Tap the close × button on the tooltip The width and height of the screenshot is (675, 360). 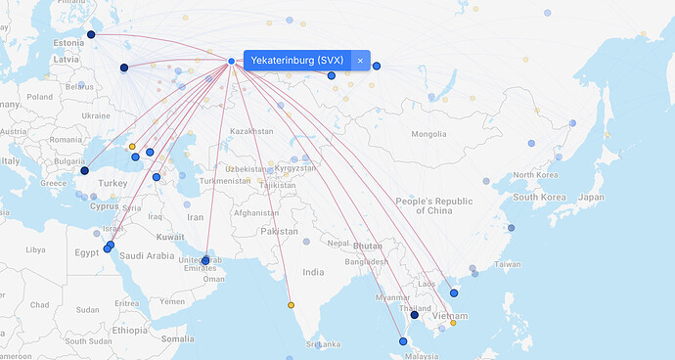pos(360,61)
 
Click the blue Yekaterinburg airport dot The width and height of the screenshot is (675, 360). pos(231,62)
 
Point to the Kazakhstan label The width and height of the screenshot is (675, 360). pos(250,130)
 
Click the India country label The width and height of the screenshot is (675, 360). pos(312,272)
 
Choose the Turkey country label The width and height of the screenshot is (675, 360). pos(112,183)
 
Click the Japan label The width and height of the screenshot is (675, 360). pos(591,197)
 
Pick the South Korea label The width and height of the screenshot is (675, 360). pos(541,198)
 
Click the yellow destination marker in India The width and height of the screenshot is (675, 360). pos(291,305)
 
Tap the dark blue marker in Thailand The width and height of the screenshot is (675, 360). pos(415,315)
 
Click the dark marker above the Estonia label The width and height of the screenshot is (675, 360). pos(91,34)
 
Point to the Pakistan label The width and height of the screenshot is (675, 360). pos(279,232)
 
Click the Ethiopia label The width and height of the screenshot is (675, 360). pos(129,330)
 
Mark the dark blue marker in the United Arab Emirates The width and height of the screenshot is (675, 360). pos(204,261)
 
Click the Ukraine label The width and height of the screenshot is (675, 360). pos(96,115)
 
